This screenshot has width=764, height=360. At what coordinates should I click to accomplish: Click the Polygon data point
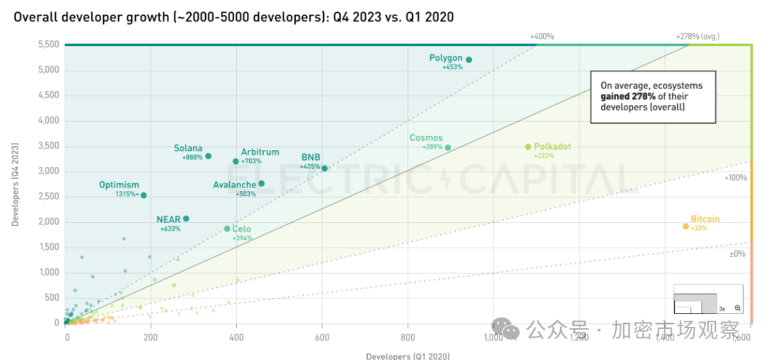468,60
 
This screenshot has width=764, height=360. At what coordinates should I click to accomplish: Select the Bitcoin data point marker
685,226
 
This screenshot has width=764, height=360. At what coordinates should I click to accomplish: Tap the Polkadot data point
528,146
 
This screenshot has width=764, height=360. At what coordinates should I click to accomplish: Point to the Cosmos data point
448,148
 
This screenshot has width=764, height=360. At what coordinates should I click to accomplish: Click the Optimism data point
144,195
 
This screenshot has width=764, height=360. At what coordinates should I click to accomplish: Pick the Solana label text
188,149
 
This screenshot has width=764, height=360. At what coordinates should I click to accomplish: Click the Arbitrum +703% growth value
251,161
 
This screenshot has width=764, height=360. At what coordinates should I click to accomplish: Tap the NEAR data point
186,219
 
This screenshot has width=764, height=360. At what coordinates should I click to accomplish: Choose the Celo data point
227,228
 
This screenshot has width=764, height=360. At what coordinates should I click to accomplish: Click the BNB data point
325,168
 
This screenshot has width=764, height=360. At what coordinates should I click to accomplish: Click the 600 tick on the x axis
322,338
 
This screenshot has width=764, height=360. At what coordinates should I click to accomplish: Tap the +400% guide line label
541,35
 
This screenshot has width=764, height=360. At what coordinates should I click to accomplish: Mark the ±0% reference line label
738,253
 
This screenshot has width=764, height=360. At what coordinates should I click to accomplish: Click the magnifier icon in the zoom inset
738,308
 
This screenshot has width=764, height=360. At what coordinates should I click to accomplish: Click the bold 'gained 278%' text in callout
630,95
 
